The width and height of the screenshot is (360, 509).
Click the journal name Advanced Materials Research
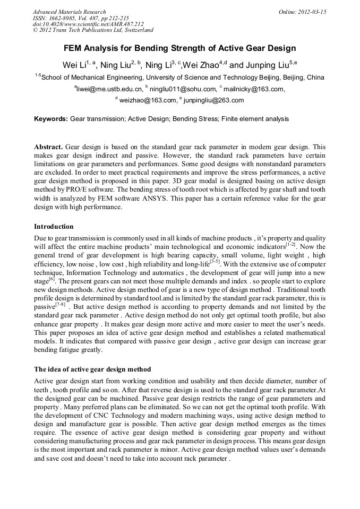[69, 12]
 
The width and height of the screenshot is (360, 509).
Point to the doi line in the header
[88, 24]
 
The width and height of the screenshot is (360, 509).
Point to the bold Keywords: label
[51, 119]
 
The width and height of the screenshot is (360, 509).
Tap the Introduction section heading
[54, 227]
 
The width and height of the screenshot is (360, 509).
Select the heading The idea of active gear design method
[92, 369]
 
